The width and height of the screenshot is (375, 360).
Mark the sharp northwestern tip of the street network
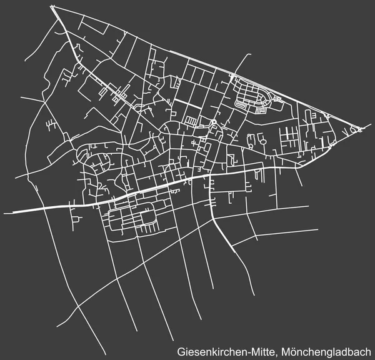(x=52, y=7)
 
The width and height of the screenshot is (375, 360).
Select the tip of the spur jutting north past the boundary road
(x=246, y=60)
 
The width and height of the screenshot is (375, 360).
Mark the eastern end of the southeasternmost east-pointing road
(x=317, y=230)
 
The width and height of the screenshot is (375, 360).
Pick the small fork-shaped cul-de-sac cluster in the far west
(x=49, y=125)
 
